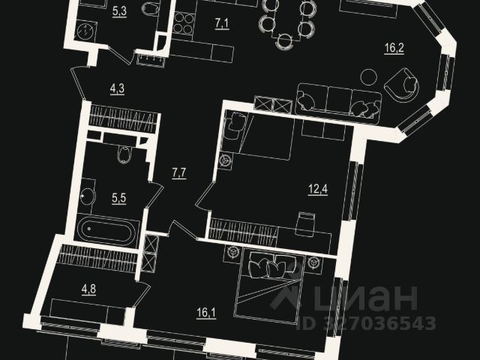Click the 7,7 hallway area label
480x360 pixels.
pos(179,174)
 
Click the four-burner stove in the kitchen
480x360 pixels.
pos(183,23)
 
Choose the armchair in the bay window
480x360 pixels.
pos(403,84)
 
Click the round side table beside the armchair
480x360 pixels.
pos(368,76)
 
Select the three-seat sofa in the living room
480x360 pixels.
pos(338,101)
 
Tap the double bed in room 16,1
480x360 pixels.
pos(270,289)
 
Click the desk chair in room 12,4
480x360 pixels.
pos(305,222)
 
